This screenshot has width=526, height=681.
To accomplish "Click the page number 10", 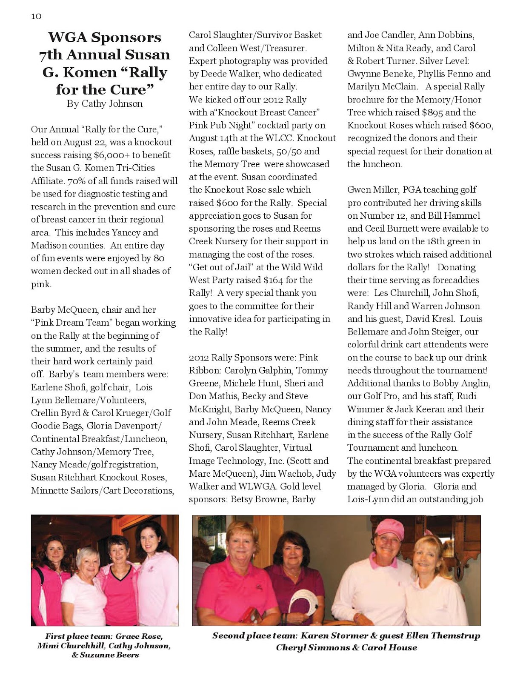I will click(x=36, y=16).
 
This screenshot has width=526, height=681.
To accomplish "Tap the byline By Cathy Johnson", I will click(x=104, y=104).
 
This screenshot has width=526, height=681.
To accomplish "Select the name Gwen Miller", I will click(x=373, y=190).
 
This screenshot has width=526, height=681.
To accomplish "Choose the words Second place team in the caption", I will click(x=254, y=635).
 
